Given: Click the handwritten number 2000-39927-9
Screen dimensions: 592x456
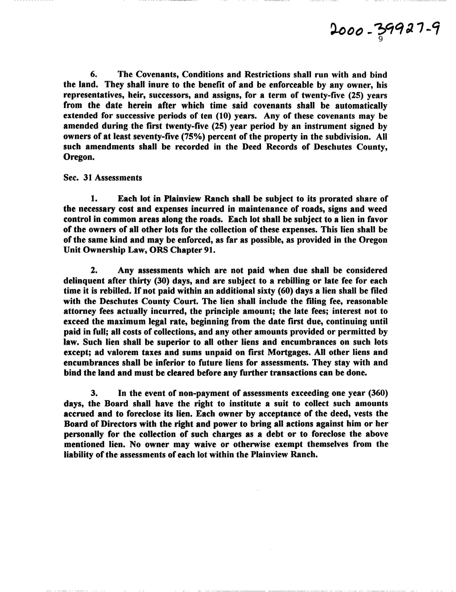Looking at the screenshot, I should [384, 30].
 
